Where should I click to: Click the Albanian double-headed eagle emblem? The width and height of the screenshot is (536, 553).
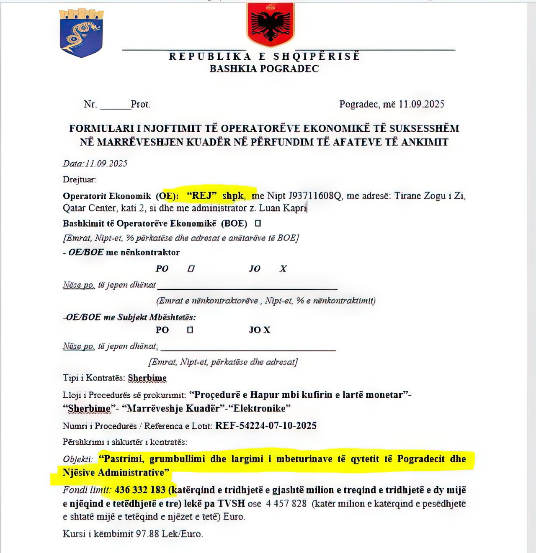(271, 24)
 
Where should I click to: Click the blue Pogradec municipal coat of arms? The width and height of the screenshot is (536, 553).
(82, 33)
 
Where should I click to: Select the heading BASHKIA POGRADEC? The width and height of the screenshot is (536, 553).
(264, 69)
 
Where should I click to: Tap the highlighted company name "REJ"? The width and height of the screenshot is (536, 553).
(202, 195)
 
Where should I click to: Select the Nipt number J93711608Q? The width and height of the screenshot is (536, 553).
(315, 196)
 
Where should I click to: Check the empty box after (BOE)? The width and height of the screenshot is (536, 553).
(258, 223)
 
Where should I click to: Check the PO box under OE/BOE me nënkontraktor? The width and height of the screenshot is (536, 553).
(191, 269)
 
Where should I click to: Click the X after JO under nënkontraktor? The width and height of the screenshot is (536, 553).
(283, 269)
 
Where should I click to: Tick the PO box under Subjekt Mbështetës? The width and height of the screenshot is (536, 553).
(190, 330)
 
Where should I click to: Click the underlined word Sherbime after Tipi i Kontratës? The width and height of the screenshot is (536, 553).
(147, 378)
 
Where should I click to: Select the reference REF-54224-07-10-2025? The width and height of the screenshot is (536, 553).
(266, 426)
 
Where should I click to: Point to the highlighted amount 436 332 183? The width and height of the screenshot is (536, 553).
(140, 490)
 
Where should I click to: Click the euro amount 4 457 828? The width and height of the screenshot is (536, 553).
(286, 504)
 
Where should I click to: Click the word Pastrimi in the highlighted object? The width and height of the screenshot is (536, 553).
(123, 459)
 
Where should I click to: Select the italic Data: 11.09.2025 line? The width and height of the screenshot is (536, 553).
(95, 164)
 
